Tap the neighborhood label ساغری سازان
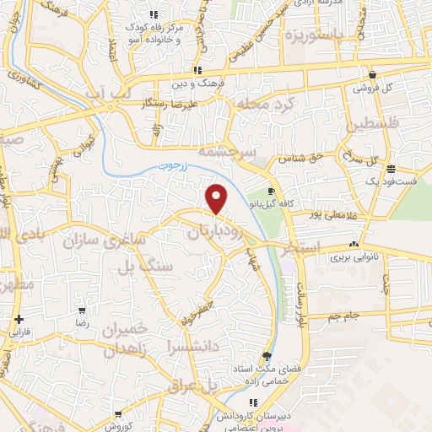click(105, 241)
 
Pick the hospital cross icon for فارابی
click(19, 319)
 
